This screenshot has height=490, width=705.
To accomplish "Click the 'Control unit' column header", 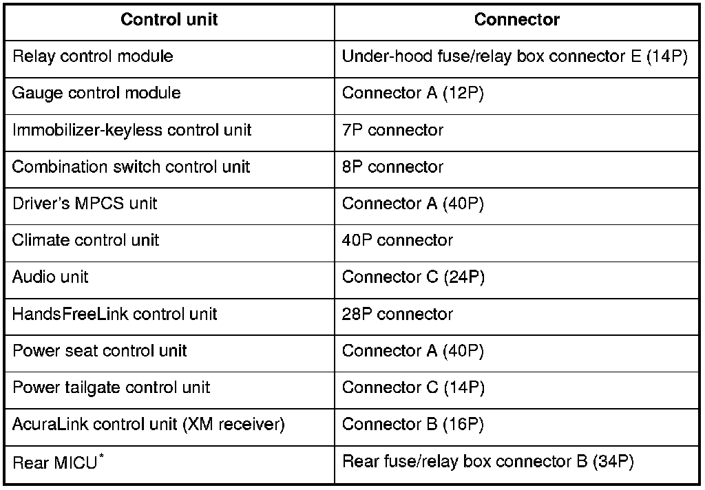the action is point(169,19).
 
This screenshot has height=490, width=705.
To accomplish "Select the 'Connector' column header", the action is point(516,19).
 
